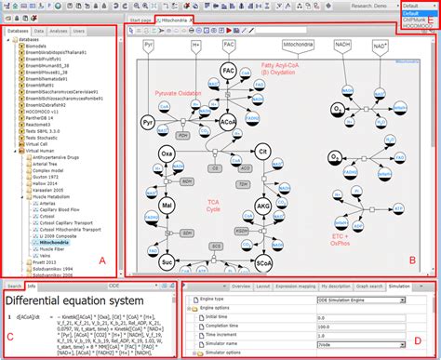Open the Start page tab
tap(142, 19)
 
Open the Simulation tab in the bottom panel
tap(400, 287)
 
